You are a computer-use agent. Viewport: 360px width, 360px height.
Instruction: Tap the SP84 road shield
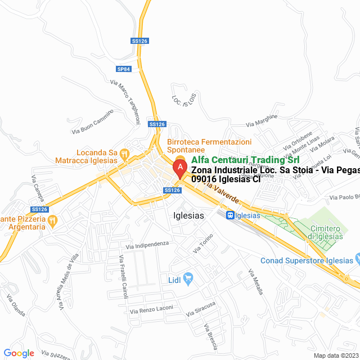(124, 69)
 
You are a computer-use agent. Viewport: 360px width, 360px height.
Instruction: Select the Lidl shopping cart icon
(188, 277)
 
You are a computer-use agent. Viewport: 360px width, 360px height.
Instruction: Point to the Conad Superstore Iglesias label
(307, 260)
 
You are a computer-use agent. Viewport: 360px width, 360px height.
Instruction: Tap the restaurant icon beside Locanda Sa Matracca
(125, 152)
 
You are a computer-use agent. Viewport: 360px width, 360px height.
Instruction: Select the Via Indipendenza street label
(147, 245)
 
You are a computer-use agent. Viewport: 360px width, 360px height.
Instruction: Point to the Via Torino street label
(204, 243)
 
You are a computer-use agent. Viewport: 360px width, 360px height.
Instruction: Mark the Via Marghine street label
(262, 120)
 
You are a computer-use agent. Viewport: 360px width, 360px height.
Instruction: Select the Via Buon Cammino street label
(93, 121)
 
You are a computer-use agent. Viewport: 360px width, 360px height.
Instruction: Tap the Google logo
(19, 353)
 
